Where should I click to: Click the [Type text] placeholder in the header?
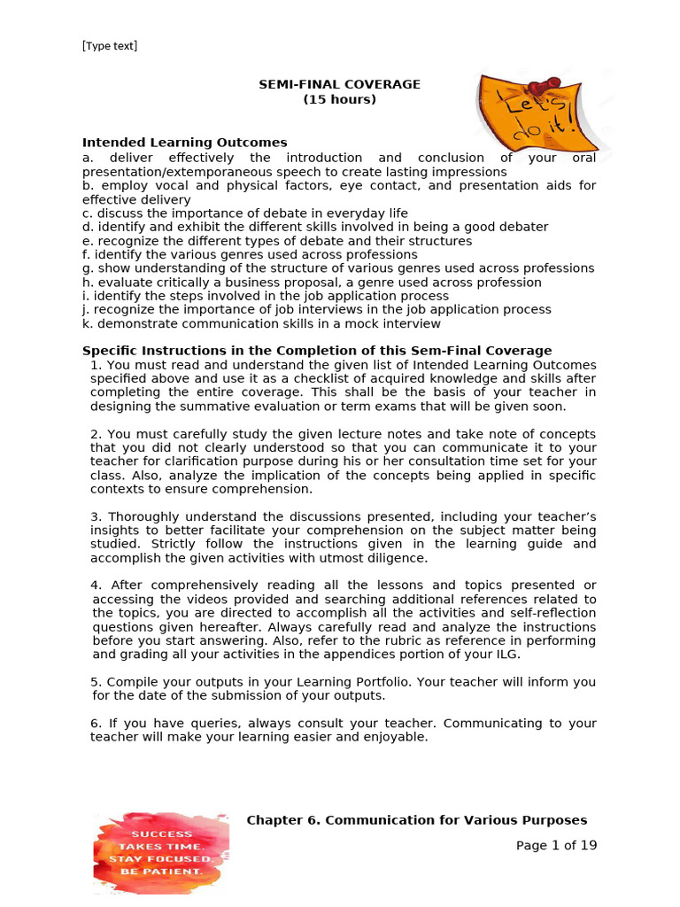click(x=110, y=46)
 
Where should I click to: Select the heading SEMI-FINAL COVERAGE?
click(x=339, y=84)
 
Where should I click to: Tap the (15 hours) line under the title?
click(x=339, y=99)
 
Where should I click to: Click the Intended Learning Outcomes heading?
click(x=184, y=142)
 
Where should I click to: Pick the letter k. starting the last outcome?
click(x=88, y=324)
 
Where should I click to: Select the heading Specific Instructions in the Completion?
click(x=316, y=351)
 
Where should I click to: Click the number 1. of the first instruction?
click(x=97, y=365)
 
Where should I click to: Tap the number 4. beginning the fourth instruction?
click(x=97, y=585)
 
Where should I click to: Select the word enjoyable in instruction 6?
click(x=395, y=737)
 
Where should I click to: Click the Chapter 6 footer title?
click(x=416, y=820)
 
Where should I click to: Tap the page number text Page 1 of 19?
click(x=556, y=845)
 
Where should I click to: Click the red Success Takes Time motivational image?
click(x=161, y=853)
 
